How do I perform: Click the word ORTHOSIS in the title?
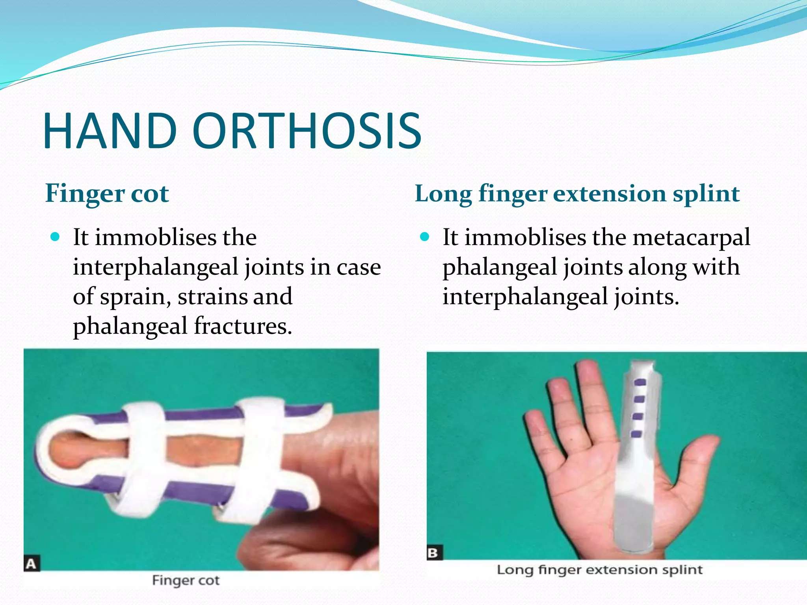307,131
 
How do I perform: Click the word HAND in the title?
110,131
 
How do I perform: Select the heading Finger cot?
107,194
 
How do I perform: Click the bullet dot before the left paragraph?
56,237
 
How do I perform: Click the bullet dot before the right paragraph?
424,237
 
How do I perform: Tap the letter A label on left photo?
32,563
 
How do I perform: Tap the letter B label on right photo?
434,553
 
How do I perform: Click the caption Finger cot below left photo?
186,581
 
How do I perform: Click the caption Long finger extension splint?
599,570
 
